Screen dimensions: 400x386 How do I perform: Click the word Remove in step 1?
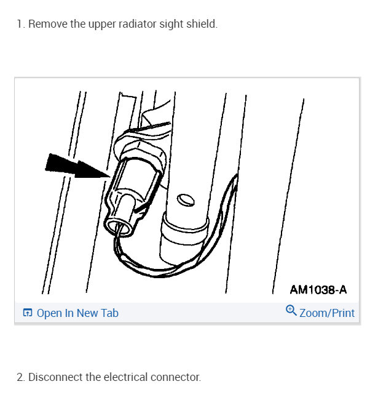[x=44, y=25]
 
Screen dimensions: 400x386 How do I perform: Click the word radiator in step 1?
[x=128, y=25]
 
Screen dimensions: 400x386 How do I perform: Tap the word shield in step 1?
[x=202, y=25]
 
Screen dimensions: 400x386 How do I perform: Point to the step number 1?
[x=20, y=25]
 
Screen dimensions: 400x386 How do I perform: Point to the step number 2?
[x=20, y=377]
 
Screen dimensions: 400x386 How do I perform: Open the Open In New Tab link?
[x=77, y=313]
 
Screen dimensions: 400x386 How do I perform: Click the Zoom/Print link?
[x=326, y=313]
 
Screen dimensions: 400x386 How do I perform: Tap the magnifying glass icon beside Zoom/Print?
[x=291, y=311]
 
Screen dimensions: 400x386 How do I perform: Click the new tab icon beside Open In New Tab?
[x=27, y=313]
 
